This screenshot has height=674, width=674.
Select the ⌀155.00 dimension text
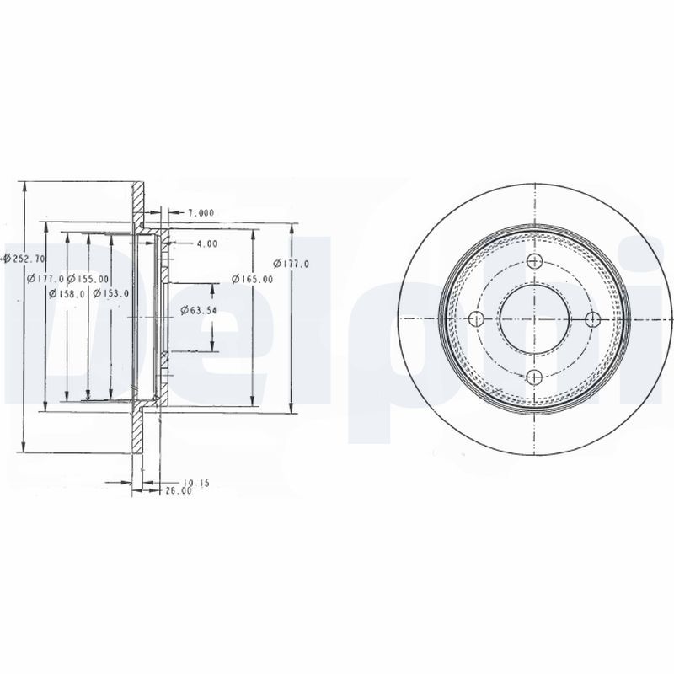click(88, 278)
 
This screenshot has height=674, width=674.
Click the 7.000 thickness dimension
click(201, 212)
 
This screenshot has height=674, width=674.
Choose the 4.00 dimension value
click(206, 243)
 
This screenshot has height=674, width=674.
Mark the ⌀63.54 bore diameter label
click(199, 311)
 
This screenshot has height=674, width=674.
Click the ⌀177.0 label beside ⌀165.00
click(293, 264)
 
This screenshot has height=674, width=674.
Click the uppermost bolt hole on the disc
click(534, 261)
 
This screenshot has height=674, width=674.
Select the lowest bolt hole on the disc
click(534, 377)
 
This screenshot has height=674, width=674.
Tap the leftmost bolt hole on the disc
click(476, 318)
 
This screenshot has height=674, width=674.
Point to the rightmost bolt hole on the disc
click(592, 318)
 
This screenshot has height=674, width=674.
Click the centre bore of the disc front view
click(534, 318)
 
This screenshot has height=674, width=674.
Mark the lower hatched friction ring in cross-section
click(138, 438)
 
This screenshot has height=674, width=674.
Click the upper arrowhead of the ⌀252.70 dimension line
click(25, 187)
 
